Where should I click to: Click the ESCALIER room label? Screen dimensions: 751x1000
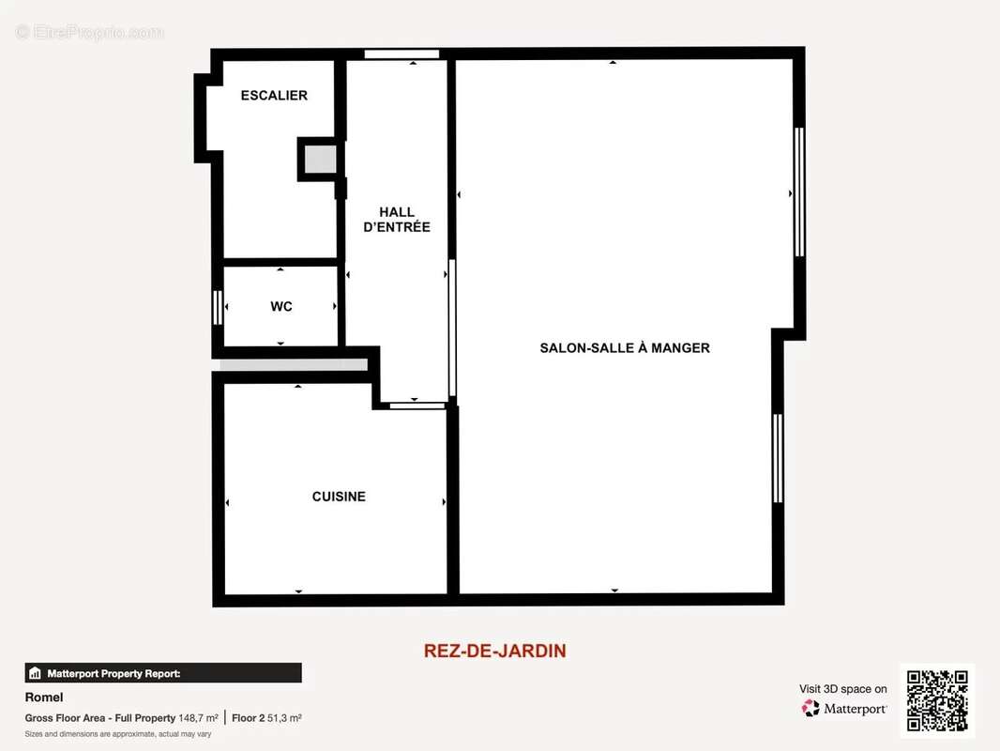(274, 96)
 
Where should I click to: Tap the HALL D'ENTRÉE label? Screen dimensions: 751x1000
(397, 220)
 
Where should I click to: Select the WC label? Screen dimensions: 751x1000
(281, 307)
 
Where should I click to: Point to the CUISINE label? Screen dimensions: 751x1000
(339, 497)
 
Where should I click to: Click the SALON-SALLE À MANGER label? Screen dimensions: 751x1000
(625, 348)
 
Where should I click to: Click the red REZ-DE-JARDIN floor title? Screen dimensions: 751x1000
(495, 651)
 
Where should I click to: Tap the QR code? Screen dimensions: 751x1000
(937, 701)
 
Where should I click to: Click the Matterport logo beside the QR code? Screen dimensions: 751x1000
(843, 709)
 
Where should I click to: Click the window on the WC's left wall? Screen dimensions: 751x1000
(218, 307)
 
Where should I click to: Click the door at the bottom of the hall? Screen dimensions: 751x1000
(417, 406)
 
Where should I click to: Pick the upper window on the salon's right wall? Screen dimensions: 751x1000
(799, 192)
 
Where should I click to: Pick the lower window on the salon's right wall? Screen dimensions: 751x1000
(778, 458)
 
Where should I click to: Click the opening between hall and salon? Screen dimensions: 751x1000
(452, 329)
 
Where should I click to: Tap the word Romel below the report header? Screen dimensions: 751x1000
(44, 697)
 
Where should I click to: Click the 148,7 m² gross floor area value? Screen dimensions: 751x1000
(198, 718)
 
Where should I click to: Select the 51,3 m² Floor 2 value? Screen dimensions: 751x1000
(283, 718)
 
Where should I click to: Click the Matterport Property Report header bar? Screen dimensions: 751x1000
(163, 673)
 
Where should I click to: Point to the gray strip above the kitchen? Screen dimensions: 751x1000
(294, 365)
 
